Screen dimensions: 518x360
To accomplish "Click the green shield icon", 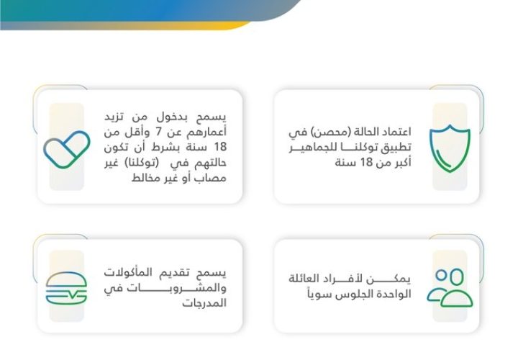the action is [x=450, y=148].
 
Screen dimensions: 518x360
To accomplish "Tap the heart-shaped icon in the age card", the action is [x=67, y=149].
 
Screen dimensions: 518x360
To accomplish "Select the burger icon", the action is [x=66, y=288].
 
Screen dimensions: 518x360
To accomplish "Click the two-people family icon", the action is [x=450, y=287].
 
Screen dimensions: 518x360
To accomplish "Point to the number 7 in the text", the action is [x=158, y=132].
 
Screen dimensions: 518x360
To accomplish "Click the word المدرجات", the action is [x=204, y=303].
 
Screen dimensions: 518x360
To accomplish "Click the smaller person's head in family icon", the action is [x=441, y=275].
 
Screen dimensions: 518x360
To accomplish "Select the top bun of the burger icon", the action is [x=66, y=279].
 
